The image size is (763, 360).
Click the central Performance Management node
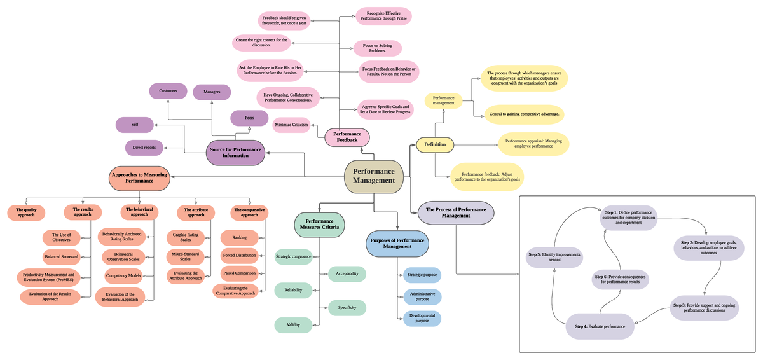coord(374,176)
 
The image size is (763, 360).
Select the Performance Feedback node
coord(347,137)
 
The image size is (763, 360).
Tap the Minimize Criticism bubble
coord(292,125)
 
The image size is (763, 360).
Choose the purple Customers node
coord(168,91)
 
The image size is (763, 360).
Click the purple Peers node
coord(249,118)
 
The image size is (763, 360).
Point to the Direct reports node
coord(144,148)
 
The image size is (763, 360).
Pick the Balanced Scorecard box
coord(61,257)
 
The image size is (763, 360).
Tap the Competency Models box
coord(123,276)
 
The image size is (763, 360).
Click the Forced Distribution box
coord(239,255)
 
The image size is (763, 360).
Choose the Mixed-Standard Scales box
coord(186,256)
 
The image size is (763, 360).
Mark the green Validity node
coord(293,325)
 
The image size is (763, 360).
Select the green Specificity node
coord(347,308)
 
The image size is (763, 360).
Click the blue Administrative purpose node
coord(422,296)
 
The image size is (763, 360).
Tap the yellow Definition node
coord(435,145)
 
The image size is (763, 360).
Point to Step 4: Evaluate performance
coord(600,326)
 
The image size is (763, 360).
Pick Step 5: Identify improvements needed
coord(554,256)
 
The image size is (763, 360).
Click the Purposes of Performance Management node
coord(397,242)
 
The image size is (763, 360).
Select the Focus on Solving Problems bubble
coord(377,48)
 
